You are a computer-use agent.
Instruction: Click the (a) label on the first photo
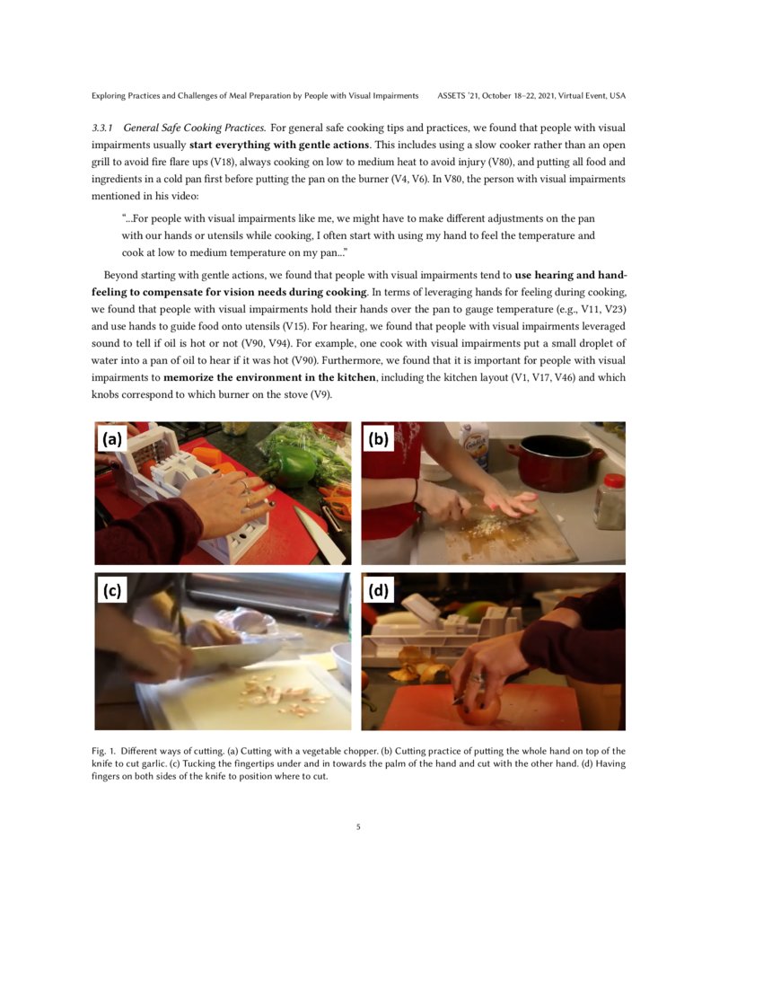coord(112,439)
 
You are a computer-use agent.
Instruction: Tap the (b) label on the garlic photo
coord(379,439)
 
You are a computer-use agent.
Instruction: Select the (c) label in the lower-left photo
coord(112,590)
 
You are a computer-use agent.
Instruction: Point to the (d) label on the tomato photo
coord(379,590)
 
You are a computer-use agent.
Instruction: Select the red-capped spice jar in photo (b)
coord(610,499)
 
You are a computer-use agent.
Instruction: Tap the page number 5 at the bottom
coord(358,827)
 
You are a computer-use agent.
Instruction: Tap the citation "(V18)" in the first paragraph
coord(224,162)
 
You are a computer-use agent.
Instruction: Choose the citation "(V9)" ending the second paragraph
coord(318,395)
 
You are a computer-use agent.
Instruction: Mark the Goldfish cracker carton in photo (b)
coord(473,443)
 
